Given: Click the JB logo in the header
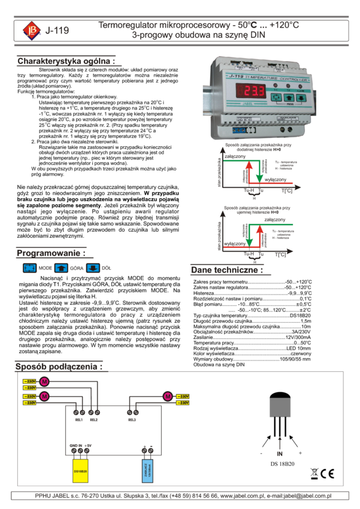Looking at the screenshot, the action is (x=32, y=30).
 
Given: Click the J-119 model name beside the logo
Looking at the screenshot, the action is (x=58, y=30).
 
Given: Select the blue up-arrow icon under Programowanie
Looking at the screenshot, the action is (x=61, y=268).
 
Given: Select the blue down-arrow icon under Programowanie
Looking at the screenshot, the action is (x=93, y=268).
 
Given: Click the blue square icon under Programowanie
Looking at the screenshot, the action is (x=29, y=268).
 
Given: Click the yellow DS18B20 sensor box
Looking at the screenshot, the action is (x=80, y=471).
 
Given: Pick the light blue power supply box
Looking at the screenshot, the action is (x=147, y=471).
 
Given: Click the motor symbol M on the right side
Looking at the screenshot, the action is (x=167, y=396).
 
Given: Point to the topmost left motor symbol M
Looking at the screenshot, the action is (x=44, y=381).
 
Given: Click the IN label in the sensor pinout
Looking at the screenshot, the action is (x=280, y=454).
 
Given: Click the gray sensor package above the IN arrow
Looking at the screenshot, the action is (x=280, y=408).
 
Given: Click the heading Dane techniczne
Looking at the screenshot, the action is (x=227, y=270).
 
